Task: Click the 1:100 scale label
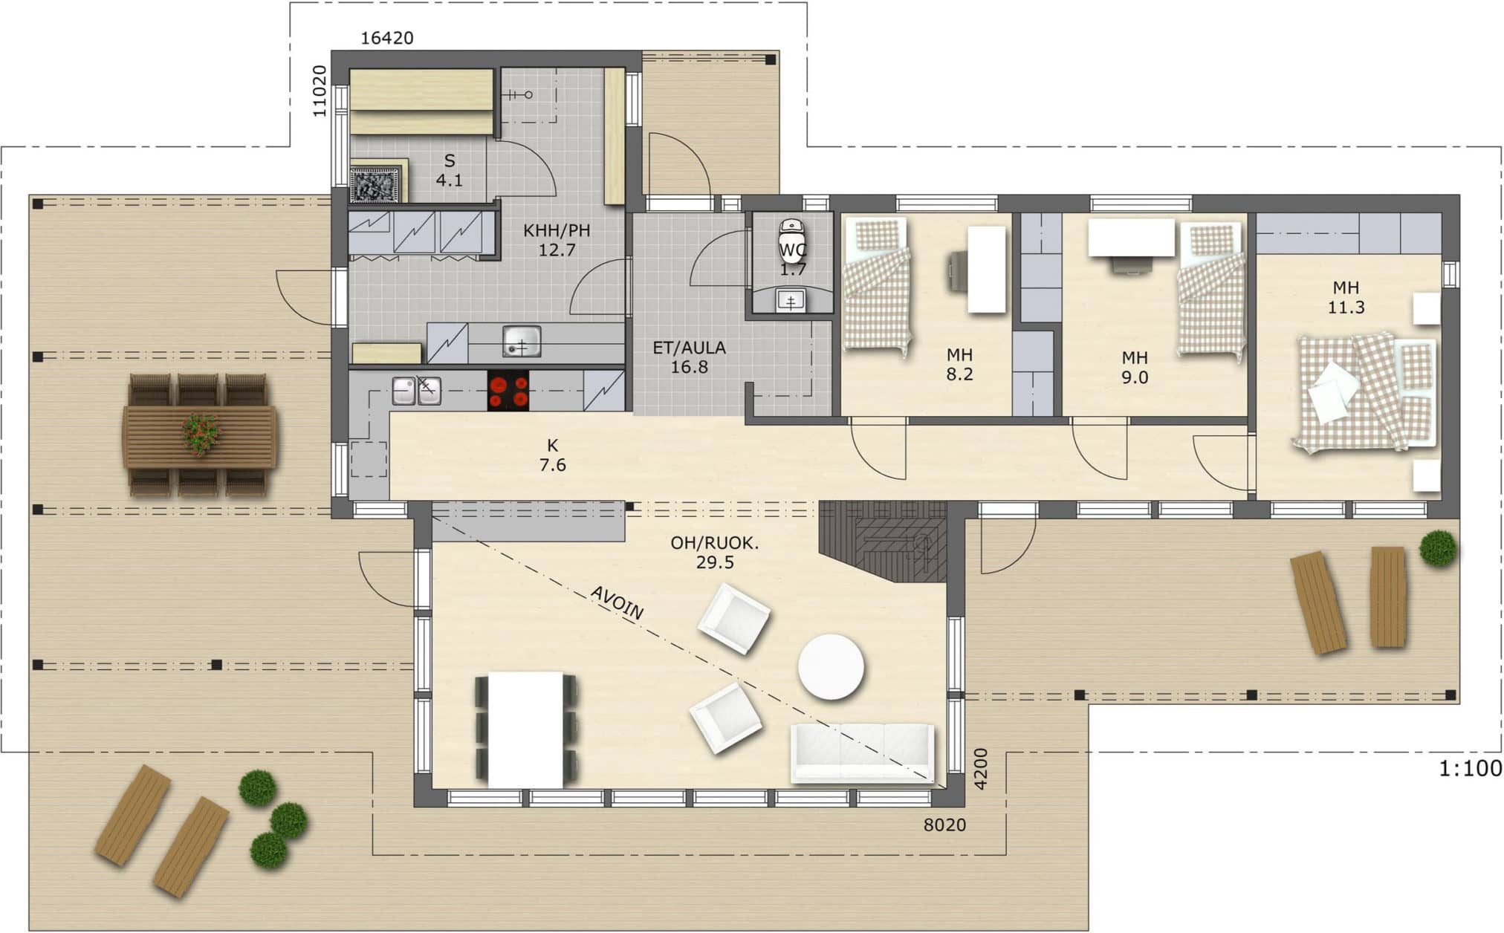1471,769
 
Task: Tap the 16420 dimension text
387,38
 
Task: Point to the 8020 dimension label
944,825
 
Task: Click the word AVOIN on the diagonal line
617,602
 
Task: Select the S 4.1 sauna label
450,170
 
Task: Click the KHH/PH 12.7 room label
557,240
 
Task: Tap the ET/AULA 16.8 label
689,357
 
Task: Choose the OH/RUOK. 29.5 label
715,553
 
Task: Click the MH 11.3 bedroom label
1346,297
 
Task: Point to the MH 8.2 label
959,364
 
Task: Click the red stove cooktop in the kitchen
508,391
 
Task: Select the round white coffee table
831,667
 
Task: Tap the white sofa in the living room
862,752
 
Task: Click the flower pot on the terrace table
201,433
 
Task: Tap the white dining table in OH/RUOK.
525,729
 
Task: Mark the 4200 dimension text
981,769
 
